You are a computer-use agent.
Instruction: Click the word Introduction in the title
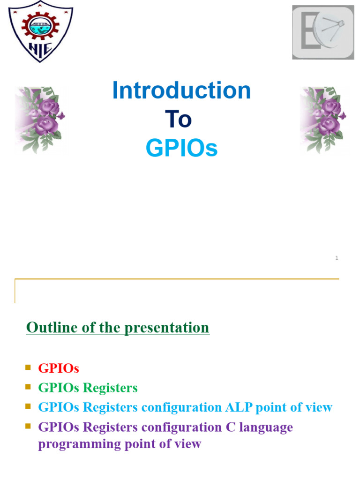point(181,90)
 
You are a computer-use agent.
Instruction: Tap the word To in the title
point(178,120)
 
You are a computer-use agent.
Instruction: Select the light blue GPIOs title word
point(181,149)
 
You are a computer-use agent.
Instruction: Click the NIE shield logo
point(41,32)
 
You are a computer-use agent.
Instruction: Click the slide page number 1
point(337,258)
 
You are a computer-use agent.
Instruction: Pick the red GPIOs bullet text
point(59,368)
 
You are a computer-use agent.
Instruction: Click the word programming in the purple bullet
point(75,444)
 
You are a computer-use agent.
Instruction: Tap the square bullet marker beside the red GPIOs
point(28,367)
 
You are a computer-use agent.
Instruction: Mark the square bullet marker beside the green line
point(28,387)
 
